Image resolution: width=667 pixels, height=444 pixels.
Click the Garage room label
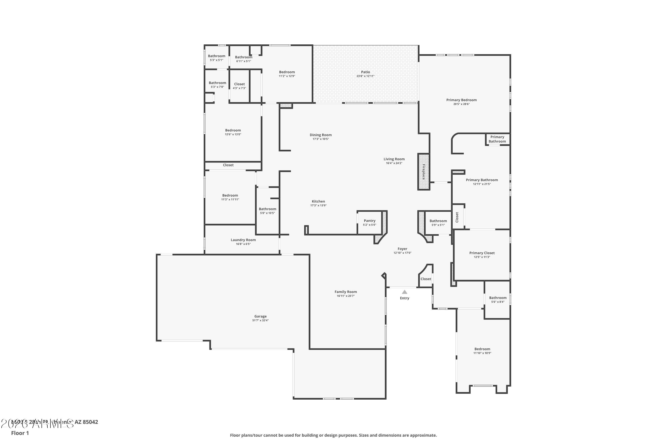(x=260, y=316)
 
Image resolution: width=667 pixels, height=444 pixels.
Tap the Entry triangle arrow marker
(x=404, y=292)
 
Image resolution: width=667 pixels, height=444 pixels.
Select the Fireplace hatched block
(x=423, y=172)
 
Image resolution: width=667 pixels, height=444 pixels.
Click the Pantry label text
(x=369, y=221)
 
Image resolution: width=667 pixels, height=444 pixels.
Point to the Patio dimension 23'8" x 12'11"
(x=365, y=76)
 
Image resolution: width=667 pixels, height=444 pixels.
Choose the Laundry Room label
(x=243, y=240)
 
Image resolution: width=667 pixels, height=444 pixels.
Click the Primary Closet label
(x=482, y=253)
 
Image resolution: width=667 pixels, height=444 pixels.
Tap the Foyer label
(x=402, y=249)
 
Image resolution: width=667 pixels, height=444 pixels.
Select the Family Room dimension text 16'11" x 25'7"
(x=346, y=296)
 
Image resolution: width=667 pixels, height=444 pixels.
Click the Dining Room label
(x=320, y=135)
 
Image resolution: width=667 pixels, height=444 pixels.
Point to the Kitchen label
(x=318, y=201)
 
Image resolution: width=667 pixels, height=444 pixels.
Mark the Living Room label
(x=394, y=159)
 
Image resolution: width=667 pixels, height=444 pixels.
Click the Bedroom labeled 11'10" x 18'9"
(x=482, y=349)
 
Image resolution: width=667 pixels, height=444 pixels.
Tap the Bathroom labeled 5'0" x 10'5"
(x=267, y=209)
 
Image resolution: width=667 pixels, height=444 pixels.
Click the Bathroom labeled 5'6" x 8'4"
(x=498, y=298)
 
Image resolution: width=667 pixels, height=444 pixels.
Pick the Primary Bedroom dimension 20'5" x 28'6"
(x=461, y=104)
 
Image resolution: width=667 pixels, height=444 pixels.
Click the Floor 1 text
(x=20, y=433)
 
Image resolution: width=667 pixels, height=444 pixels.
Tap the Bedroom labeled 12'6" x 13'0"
(x=233, y=130)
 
